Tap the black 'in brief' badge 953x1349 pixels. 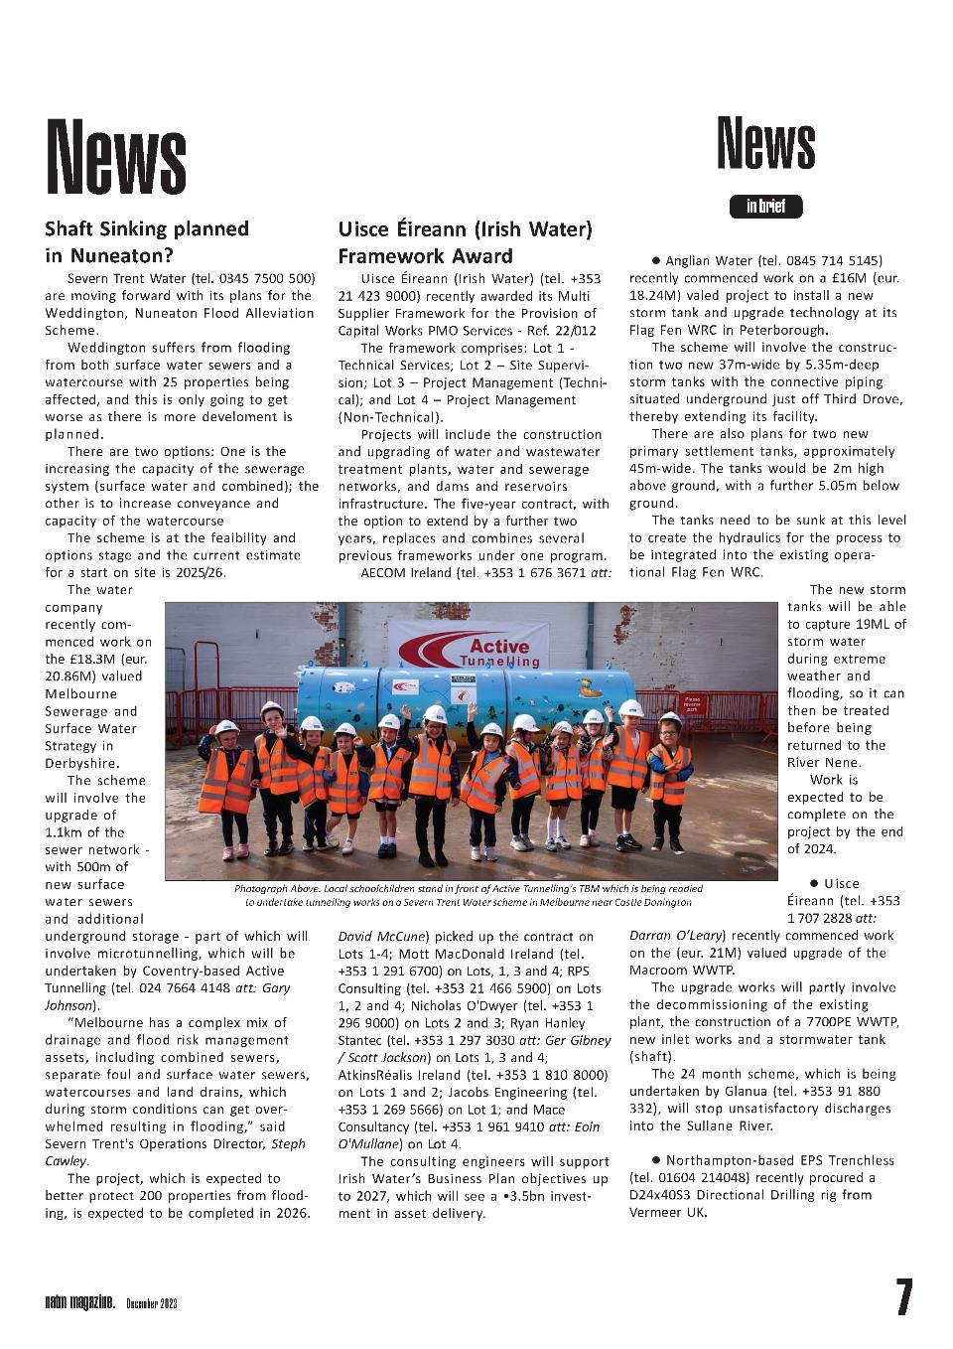click(x=765, y=207)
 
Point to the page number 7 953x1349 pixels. click(x=903, y=1297)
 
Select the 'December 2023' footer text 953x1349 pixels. click(x=151, y=1303)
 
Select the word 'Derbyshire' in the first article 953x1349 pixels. click(x=81, y=763)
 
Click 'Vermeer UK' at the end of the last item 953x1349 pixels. click(x=668, y=1212)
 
